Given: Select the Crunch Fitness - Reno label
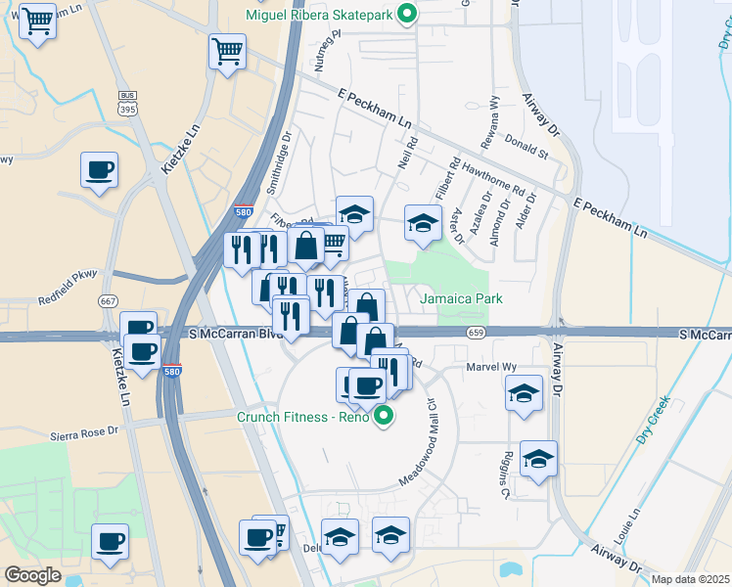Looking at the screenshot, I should (x=303, y=418).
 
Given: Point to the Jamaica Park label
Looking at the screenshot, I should (x=461, y=298).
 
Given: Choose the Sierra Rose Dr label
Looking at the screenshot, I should (x=83, y=429).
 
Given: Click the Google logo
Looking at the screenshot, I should (x=33, y=574).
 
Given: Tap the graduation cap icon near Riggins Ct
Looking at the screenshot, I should (x=537, y=459).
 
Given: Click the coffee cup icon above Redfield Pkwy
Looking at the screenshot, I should (x=99, y=171).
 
